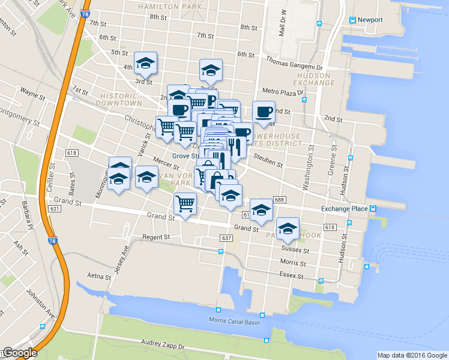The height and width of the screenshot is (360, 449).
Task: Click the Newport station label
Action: (x=370, y=19)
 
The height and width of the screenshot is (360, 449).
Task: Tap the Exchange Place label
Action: (x=344, y=209)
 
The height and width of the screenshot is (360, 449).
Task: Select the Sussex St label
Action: (x=294, y=248)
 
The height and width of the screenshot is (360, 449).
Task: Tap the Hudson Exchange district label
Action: (x=313, y=79)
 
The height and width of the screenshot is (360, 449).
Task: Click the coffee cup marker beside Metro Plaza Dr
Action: (x=263, y=112)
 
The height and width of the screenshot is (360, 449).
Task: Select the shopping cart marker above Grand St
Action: (x=185, y=204)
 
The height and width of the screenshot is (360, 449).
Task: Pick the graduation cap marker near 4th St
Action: (x=145, y=62)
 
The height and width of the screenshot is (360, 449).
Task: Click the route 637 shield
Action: (x=226, y=238)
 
